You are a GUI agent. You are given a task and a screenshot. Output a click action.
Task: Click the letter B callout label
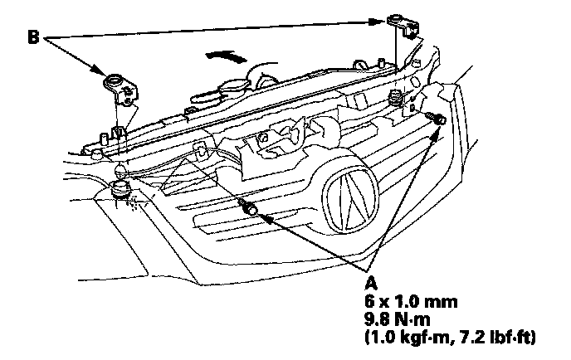pos(33,38)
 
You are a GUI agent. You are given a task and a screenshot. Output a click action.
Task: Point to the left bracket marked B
pos(116,88)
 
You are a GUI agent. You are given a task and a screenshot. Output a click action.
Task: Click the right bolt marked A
pos(438,121)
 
